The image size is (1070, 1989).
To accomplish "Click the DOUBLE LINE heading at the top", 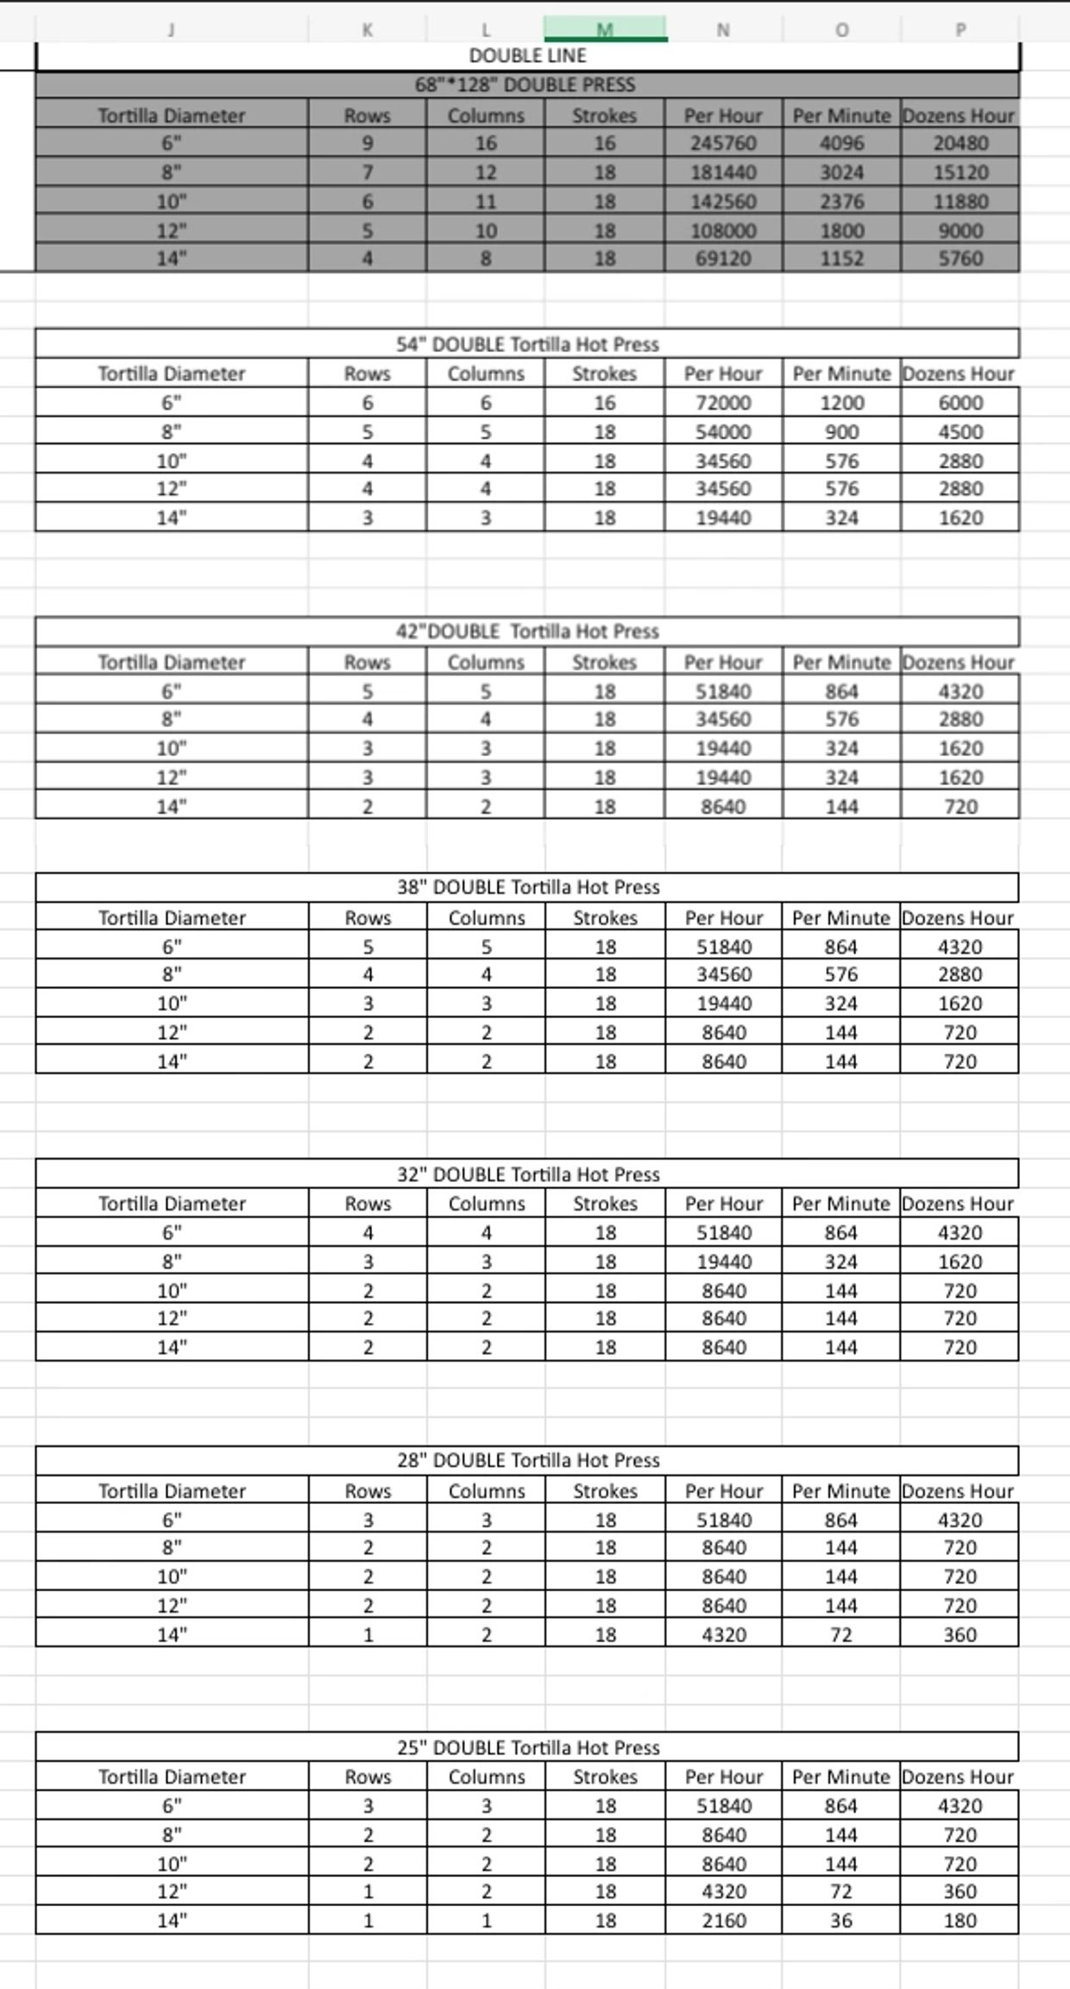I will pyautogui.click(x=527, y=56).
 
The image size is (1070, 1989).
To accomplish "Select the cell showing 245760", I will pyautogui.click(x=723, y=143).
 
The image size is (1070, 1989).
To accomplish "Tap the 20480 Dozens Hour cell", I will pyautogui.click(x=960, y=143).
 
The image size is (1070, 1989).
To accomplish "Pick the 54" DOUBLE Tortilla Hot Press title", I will pyautogui.click(x=527, y=344).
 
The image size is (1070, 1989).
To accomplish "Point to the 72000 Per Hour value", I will pyautogui.click(x=723, y=403).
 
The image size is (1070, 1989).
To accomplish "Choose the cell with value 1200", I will pyautogui.click(x=841, y=403).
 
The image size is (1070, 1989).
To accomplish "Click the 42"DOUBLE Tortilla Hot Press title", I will pyautogui.click(x=527, y=632).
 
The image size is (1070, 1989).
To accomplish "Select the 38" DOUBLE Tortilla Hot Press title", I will pyautogui.click(x=528, y=887).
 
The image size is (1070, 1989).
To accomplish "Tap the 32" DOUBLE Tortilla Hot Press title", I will pyautogui.click(x=528, y=1174).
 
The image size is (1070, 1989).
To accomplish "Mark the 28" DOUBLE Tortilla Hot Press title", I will pyautogui.click(x=528, y=1460).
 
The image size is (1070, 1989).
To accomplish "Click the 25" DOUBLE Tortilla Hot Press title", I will pyautogui.click(x=528, y=1747).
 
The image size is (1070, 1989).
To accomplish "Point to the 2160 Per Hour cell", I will pyautogui.click(x=724, y=1921).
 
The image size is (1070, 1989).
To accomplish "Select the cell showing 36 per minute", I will pyautogui.click(x=841, y=1921).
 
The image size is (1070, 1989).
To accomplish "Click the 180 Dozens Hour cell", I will pyautogui.click(x=960, y=1921).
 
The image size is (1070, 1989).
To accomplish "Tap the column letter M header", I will pyautogui.click(x=605, y=29).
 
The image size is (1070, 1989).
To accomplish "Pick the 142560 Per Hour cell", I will pyautogui.click(x=723, y=202).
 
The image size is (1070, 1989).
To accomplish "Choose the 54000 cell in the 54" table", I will pyautogui.click(x=723, y=432).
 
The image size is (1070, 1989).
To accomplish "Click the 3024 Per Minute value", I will pyautogui.click(x=841, y=173).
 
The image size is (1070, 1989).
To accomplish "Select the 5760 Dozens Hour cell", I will pyautogui.click(x=960, y=259).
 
